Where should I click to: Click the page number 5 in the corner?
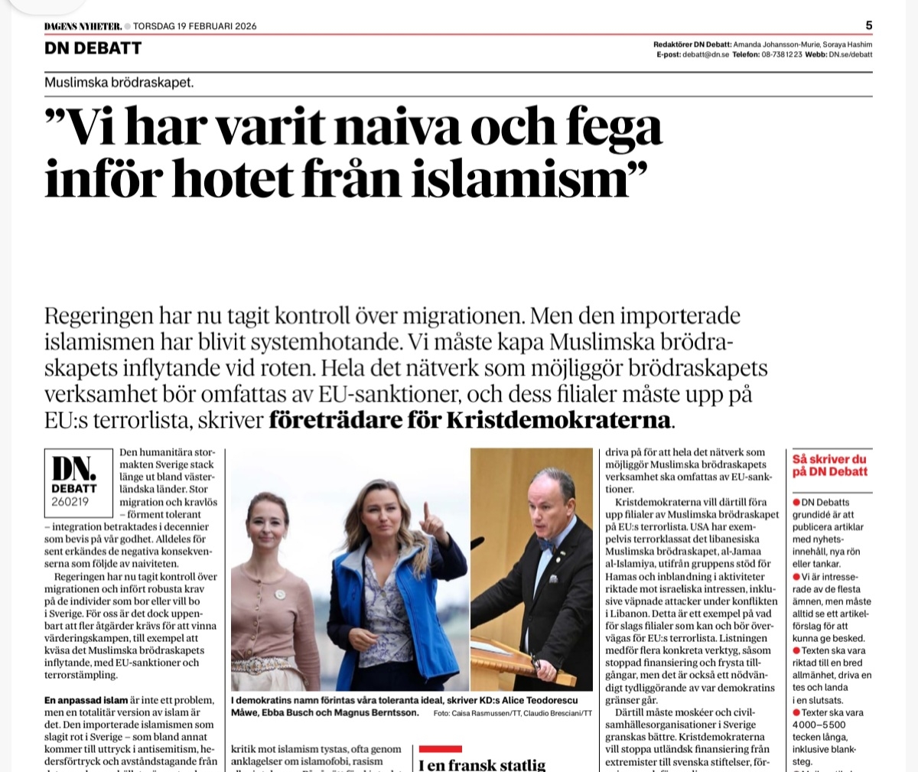(868, 25)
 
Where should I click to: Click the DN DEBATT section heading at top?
(93, 48)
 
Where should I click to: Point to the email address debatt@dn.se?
(705, 55)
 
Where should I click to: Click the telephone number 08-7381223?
(781, 55)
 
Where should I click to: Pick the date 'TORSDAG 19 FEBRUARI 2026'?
(195, 26)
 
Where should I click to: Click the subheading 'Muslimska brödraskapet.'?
(119, 83)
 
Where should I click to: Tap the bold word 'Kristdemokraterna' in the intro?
(558, 420)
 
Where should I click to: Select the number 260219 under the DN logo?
(70, 502)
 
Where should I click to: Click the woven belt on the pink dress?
(265, 664)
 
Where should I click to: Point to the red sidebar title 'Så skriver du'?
(829, 459)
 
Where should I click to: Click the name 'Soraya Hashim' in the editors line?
(848, 44)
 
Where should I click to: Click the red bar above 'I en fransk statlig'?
(441, 748)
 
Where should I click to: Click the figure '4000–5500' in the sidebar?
(819, 725)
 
